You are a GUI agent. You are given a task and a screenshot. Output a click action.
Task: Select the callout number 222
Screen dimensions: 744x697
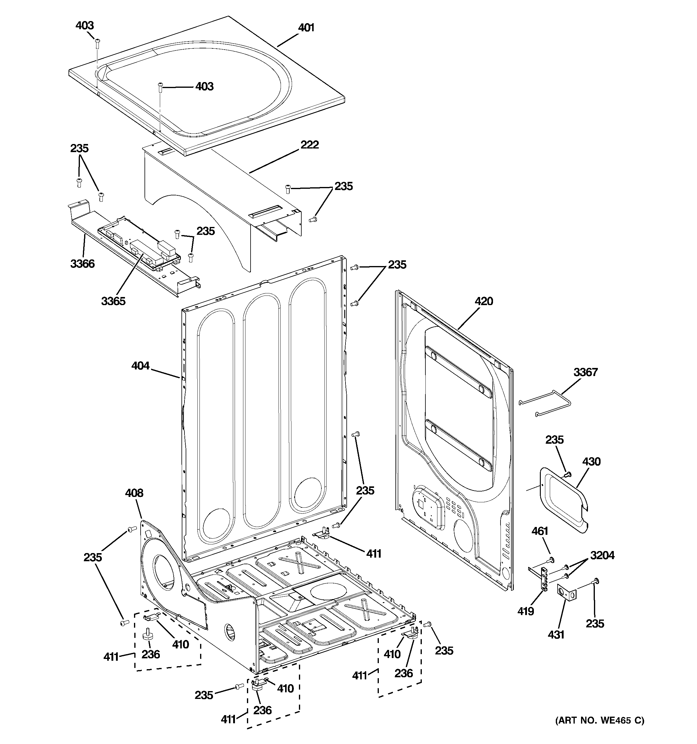coord(309,145)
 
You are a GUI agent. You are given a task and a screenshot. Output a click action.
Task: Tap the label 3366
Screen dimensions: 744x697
coord(82,264)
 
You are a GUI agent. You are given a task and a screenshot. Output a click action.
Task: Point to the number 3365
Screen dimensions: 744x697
coord(113,301)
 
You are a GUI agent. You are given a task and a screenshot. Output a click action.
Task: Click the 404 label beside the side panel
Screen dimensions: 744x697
coord(140,366)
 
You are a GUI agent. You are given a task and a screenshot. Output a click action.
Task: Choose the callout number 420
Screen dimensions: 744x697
coord(484,301)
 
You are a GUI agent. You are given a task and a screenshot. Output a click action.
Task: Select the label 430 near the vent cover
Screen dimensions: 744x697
coord(591,461)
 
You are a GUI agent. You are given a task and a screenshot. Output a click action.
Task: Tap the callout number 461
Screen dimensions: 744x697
coord(540,531)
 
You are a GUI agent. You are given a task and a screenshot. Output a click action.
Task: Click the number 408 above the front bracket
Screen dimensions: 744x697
coord(134,493)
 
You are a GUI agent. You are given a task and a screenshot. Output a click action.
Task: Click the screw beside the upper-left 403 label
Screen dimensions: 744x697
coord(97,43)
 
